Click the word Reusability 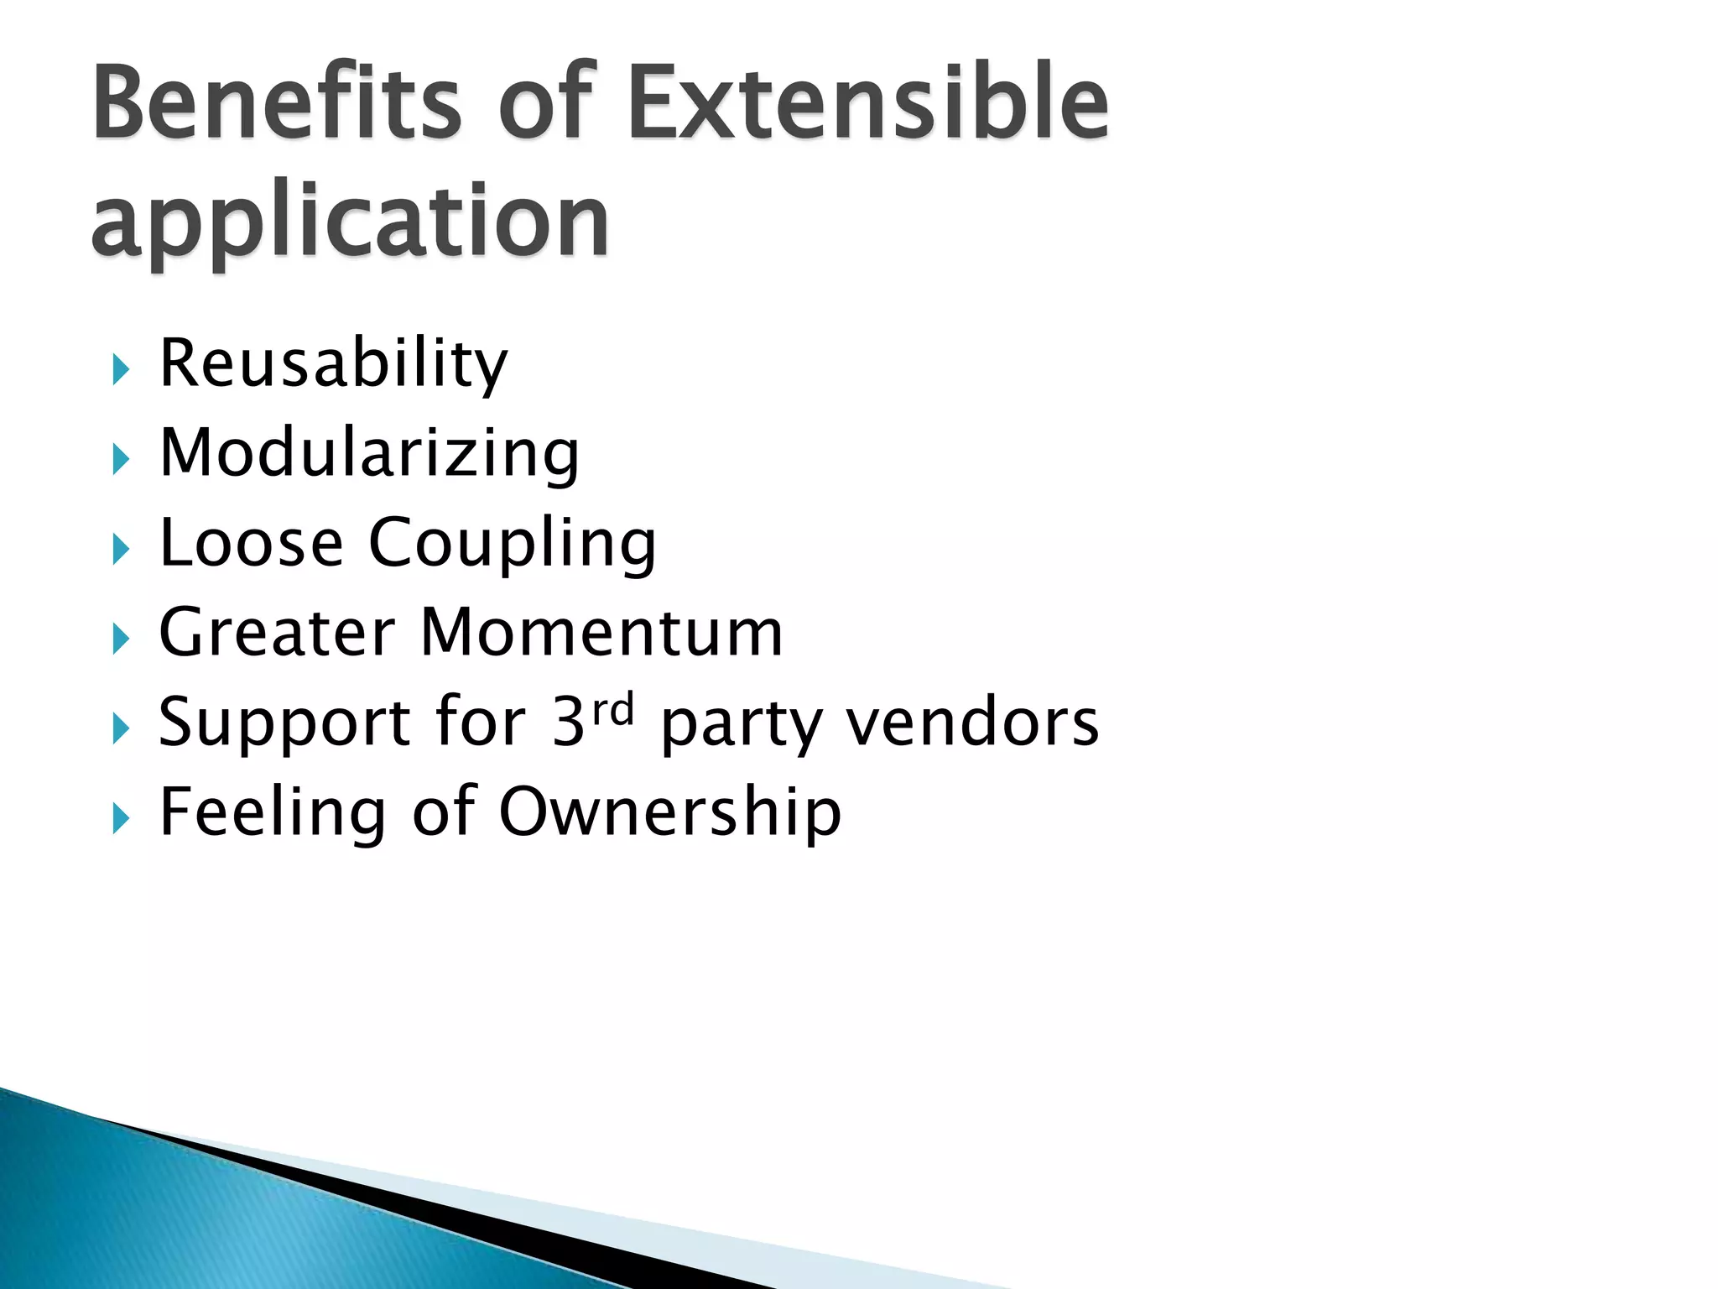point(333,363)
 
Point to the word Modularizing point(369,453)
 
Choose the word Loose point(251,543)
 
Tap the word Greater point(277,633)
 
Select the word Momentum point(601,633)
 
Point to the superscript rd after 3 point(613,710)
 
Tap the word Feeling point(272,813)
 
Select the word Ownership point(670,813)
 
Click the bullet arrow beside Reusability point(121,369)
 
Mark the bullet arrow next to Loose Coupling point(121,550)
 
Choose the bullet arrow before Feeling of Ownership point(121,818)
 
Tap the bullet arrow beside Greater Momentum point(121,639)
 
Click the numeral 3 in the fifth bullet point(568,723)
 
